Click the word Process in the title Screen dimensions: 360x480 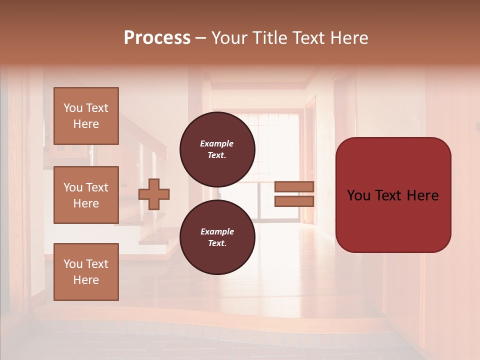157,37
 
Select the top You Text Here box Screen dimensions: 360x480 86,116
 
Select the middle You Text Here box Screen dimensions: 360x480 86,195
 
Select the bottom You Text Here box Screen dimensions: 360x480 86,272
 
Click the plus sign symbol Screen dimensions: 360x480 154,194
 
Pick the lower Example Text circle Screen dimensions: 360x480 217,237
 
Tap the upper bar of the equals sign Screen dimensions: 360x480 294,186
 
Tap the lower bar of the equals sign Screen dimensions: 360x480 294,201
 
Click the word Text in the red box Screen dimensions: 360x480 392,195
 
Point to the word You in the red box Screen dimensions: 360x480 358,195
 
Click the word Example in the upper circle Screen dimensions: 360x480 217,143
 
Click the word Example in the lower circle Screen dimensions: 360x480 217,231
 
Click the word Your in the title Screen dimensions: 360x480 230,37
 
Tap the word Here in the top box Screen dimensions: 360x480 86,124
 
